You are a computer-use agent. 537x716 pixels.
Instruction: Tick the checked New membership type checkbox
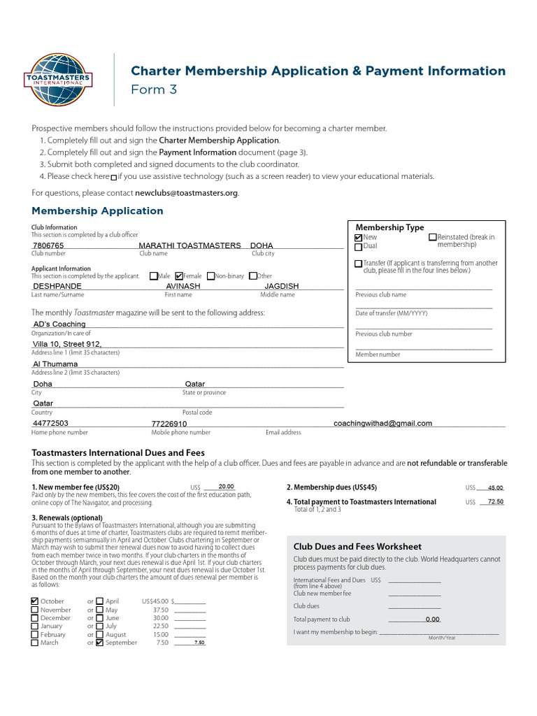pos(359,238)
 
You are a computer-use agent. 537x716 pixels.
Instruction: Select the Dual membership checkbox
pos(359,247)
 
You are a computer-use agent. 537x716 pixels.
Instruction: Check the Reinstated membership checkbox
pos(432,238)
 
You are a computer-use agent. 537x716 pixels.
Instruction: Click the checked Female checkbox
pos(179,276)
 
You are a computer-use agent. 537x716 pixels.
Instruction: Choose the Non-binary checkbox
pos(211,276)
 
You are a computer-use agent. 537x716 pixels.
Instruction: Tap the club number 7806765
pos(48,246)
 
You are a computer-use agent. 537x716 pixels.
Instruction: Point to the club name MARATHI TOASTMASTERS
pos(189,246)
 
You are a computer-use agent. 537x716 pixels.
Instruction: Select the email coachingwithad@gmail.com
pos(382,423)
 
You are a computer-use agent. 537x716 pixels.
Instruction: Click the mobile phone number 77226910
pos(169,424)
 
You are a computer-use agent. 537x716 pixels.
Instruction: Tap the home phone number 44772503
pos(50,423)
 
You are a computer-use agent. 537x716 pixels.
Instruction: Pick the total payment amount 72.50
pos(495,502)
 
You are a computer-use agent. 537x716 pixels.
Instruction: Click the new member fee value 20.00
pos(226,487)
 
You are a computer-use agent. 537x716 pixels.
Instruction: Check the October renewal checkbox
pos(35,601)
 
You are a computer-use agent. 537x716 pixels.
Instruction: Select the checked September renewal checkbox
pos(99,643)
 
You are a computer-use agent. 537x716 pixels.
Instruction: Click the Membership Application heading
pos(97,210)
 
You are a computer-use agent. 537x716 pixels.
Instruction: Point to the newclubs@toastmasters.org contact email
pos(186,193)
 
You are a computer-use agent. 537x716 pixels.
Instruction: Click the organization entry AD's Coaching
pos(59,324)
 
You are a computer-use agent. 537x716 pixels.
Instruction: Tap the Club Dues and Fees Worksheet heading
pos(357,547)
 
